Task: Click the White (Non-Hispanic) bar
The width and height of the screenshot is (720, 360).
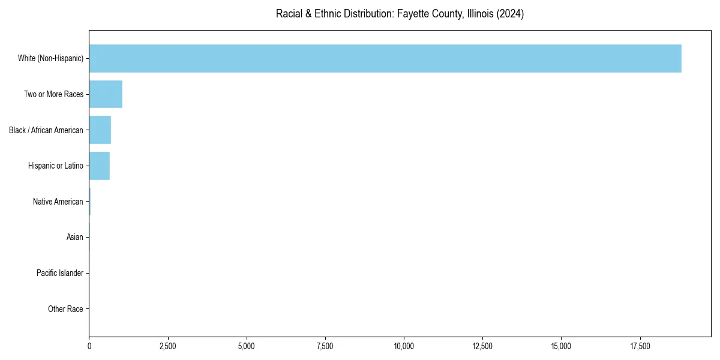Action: click(x=385, y=58)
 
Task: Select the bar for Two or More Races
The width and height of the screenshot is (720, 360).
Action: click(x=106, y=94)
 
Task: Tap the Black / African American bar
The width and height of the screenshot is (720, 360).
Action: click(x=100, y=130)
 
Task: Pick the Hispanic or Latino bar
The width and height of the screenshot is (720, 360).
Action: click(x=100, y=166)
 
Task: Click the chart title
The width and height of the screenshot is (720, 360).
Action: click(x=400, y=14)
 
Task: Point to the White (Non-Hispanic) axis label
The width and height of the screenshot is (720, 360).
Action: click(x=50, y=58)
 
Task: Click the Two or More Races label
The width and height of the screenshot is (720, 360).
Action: click(x=53, y=94)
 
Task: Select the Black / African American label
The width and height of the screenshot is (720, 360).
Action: click(x=46, y=130)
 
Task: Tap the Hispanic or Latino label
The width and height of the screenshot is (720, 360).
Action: click(x=55, y=166)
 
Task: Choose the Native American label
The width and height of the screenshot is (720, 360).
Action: click(x=58, y=202)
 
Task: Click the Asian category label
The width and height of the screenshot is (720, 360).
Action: click(x=74, y=238)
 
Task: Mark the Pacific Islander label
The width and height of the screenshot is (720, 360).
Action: click(x=59, y=274)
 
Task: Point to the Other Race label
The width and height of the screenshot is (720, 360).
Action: click(x=65, y=309)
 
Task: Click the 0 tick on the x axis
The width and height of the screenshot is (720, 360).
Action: click(x=89, y=346)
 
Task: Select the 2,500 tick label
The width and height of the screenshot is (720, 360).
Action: click(x=168, y=346)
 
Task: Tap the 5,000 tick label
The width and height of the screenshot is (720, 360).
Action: click(x=247, y=346)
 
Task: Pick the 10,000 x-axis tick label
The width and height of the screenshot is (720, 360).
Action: click(x=404, y=346)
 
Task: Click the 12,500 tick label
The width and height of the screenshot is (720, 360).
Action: click(x=482, y=346)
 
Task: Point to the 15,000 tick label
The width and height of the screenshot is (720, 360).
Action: click(x=561, y=346)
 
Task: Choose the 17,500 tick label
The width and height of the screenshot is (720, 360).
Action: click(x=640, y=346)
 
